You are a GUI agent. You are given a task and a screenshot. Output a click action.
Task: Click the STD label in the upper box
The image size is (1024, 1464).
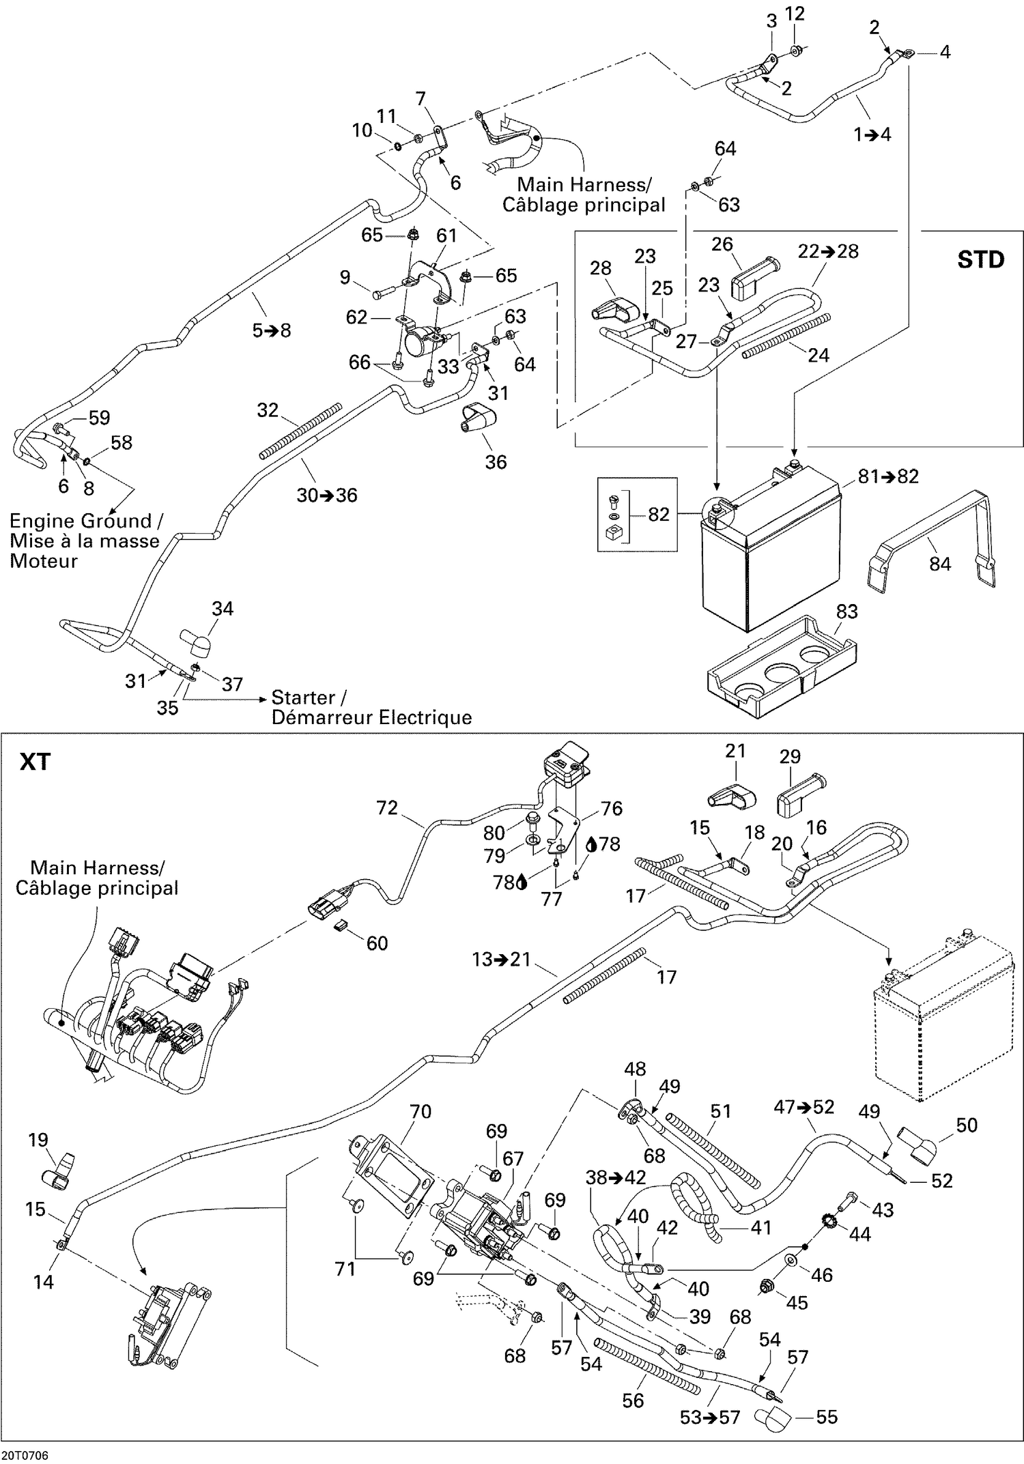[980, 259]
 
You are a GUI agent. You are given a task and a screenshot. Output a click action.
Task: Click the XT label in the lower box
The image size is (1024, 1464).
[35, 762]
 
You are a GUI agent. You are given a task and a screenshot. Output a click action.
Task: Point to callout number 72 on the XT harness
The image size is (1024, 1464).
[386, 808]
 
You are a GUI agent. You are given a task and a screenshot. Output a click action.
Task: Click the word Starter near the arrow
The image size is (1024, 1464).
[303, 698]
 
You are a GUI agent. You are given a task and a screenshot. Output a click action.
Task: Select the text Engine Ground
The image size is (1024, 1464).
[81, 521]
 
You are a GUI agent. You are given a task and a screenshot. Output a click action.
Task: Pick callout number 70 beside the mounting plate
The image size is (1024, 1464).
[420, 1111]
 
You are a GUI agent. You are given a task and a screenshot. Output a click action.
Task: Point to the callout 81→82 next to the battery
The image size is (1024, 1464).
[888, 476]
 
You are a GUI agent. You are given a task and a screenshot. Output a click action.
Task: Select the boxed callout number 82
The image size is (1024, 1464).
[658, 514]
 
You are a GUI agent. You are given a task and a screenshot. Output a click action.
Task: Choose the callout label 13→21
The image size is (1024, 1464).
[501, 960]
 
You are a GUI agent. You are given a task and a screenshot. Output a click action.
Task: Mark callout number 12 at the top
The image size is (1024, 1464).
[795, 14]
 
